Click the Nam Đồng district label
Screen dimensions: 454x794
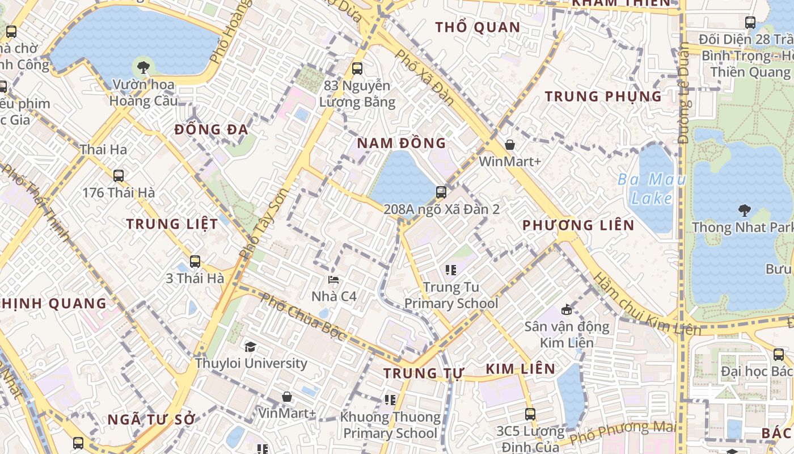[401, 142]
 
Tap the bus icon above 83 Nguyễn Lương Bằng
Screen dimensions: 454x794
[357, 69]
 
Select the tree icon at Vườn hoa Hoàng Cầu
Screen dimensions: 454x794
[143, 68]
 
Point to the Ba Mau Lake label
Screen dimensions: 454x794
[652, 189]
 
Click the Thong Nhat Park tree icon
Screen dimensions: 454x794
[744, 211]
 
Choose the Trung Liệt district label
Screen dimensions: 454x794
[172, 224]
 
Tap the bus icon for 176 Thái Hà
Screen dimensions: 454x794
[119, 176]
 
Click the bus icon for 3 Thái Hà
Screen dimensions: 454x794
[195, 262]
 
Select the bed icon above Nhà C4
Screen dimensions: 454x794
[333, 280]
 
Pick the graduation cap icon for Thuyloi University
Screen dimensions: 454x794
[250, 346]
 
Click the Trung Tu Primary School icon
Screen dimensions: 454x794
[451, 270]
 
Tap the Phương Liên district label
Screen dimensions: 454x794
[578, 225]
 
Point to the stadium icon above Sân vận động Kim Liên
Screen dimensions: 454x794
[566, 309]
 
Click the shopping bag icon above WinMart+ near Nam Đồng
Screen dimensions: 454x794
[510, 145]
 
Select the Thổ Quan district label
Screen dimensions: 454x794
[477, 27]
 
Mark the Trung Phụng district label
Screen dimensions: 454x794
[603, 96]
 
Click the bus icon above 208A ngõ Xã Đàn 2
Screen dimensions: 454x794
[441, 192]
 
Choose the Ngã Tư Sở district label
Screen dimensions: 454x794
[151, 420]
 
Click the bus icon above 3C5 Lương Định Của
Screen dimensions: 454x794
[530, 414]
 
